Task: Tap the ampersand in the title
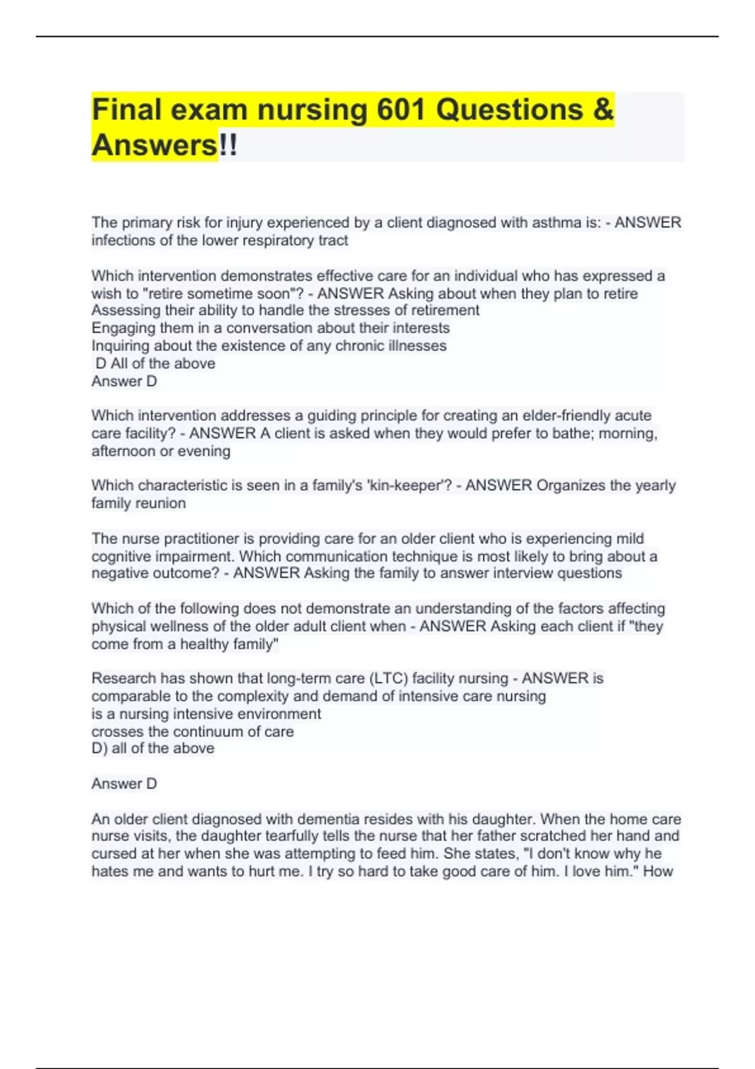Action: tap(602, 110)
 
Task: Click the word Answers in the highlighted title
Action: tap(154, 145)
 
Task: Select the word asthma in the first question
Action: tap(556, 223)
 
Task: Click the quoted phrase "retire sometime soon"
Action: tap(217, 294)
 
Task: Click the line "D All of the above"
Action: tap(155, 363)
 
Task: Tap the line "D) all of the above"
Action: tap(153, 748)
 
